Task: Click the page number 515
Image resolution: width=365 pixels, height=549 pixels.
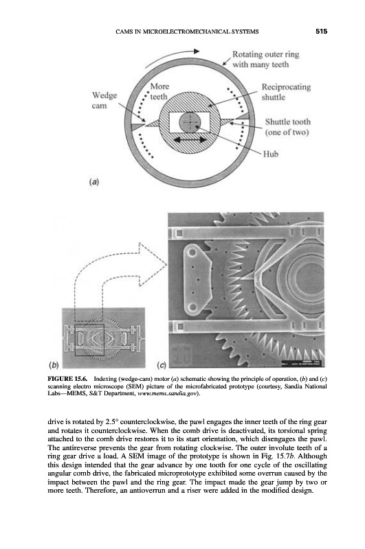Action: coord(321,31)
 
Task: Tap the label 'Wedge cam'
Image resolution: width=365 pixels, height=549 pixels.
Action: coord(104,100)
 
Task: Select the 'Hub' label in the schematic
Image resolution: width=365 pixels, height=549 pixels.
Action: coord(271,154)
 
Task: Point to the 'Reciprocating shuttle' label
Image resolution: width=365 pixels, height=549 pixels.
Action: coord(286,92)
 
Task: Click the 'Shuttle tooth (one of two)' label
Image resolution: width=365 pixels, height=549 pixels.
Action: coord(287,127)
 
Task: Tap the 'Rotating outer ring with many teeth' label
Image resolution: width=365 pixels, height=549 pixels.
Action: coord(266,59)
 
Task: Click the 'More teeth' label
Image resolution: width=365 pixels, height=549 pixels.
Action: coord(159,91)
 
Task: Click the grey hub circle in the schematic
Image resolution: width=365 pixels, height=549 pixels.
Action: coord(190,122)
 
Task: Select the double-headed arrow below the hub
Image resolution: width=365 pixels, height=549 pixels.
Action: coord(190,140)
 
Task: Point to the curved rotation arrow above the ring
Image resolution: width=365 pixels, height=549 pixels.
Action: coord(168,56)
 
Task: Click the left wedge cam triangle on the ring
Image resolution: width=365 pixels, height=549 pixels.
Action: coord(137,126)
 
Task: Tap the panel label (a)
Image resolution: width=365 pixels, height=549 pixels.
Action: coord(94,182)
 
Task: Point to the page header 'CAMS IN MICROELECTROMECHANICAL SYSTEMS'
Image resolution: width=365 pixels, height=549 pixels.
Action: coord(187,32)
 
